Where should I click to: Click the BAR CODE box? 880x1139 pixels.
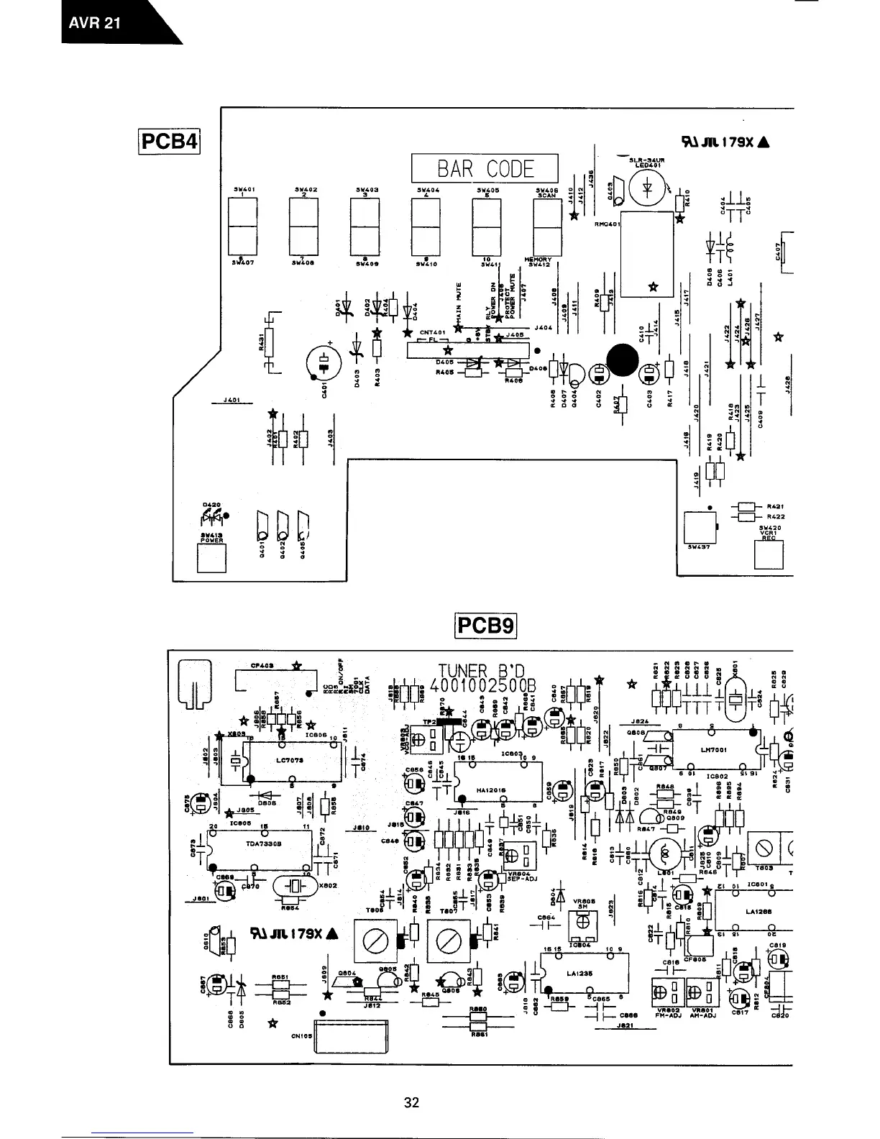[485, 168]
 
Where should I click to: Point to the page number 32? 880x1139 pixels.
[411, 1102]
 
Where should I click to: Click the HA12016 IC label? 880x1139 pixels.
[492, 790]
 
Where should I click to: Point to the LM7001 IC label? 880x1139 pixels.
[713, 749]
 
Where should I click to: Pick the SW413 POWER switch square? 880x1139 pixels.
[211, 558]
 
